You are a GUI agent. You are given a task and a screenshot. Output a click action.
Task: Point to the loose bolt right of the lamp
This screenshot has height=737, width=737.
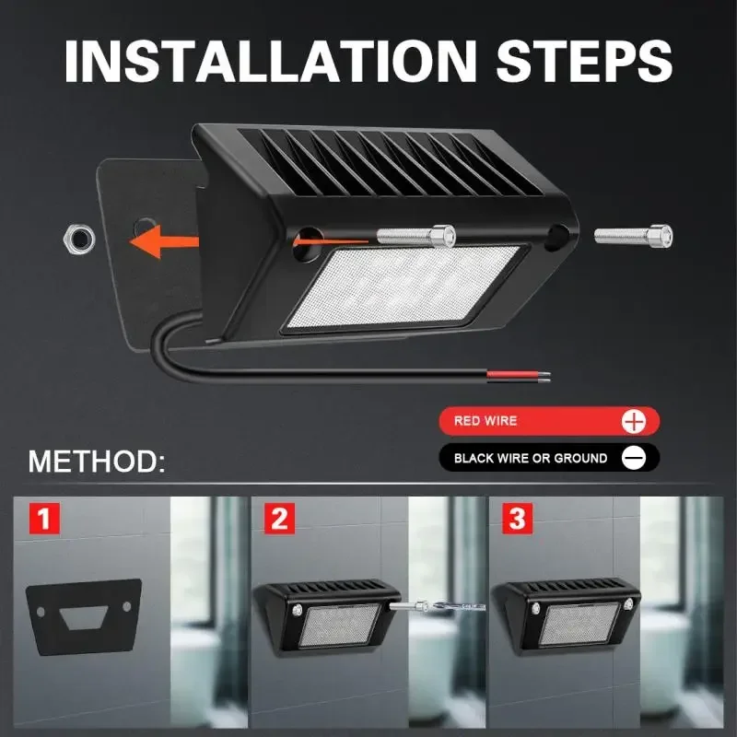633,236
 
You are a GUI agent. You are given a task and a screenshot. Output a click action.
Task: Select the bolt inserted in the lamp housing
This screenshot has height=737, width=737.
415,236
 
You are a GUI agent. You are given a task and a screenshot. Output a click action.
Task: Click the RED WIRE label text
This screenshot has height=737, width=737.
485,421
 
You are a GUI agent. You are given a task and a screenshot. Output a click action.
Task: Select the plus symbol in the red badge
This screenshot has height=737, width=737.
635,422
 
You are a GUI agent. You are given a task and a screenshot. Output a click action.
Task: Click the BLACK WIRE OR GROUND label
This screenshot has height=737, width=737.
530,458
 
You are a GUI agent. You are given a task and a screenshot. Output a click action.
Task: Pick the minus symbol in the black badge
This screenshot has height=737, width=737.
634,458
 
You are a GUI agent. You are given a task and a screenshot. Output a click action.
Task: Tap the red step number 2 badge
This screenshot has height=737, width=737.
280,519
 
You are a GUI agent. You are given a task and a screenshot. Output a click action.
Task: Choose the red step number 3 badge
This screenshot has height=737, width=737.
517,519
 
